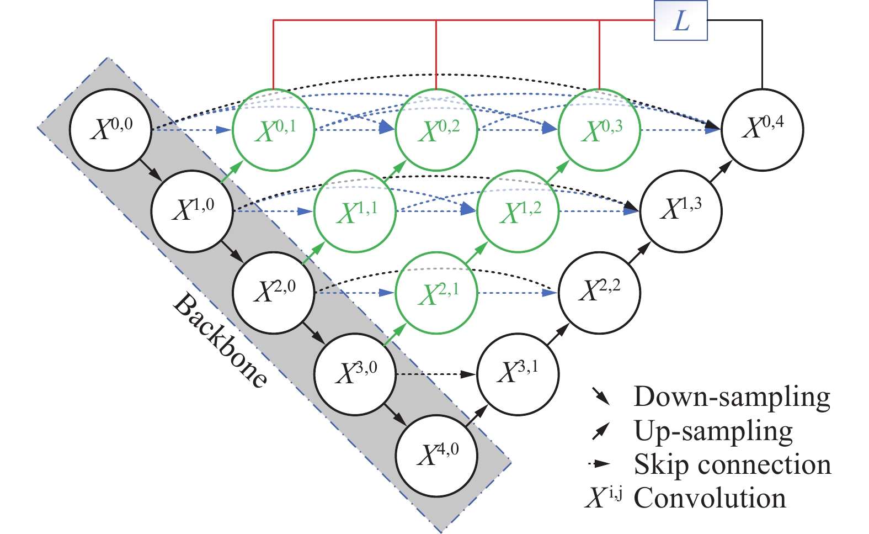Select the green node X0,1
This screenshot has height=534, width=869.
click(273, 130)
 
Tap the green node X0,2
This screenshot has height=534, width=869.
click(436, 130)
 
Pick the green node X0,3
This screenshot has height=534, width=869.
click(599, 130)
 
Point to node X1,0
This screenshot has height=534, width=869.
click(191, 211)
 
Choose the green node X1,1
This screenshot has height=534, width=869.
click(355, 211)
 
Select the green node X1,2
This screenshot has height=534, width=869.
click(518, 211)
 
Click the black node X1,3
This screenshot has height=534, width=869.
click(681, 211)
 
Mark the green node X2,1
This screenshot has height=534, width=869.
click(436, 293)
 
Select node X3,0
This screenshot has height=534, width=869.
click(355, 374)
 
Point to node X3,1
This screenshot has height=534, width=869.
click(518, 374)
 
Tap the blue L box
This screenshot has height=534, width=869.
click(681, 21)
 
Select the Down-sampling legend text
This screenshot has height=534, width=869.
click(732, 397)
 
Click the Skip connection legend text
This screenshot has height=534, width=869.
click(732, 465)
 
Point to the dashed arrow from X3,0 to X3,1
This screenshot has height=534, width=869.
click(436, 374)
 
